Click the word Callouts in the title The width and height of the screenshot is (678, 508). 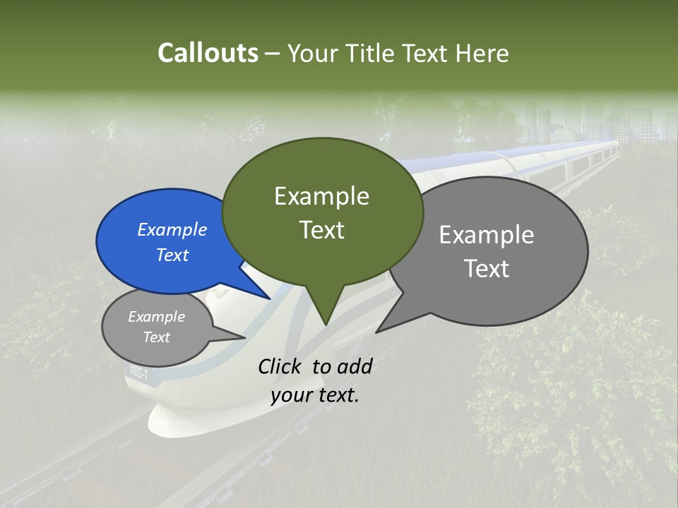point(208,53)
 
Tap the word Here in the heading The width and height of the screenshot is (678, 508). point(483,53)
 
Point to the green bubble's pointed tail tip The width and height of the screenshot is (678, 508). point(326,325)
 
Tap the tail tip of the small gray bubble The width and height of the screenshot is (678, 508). point(245,337)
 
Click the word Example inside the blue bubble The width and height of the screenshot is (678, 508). point(172,229)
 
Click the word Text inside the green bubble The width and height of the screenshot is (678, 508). point(322,230)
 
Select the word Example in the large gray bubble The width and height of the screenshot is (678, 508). point(487,235)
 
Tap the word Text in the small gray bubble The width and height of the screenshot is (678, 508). point(157,337)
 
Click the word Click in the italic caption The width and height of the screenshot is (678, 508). point(281,366)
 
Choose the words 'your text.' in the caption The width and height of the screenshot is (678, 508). point(315,395)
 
